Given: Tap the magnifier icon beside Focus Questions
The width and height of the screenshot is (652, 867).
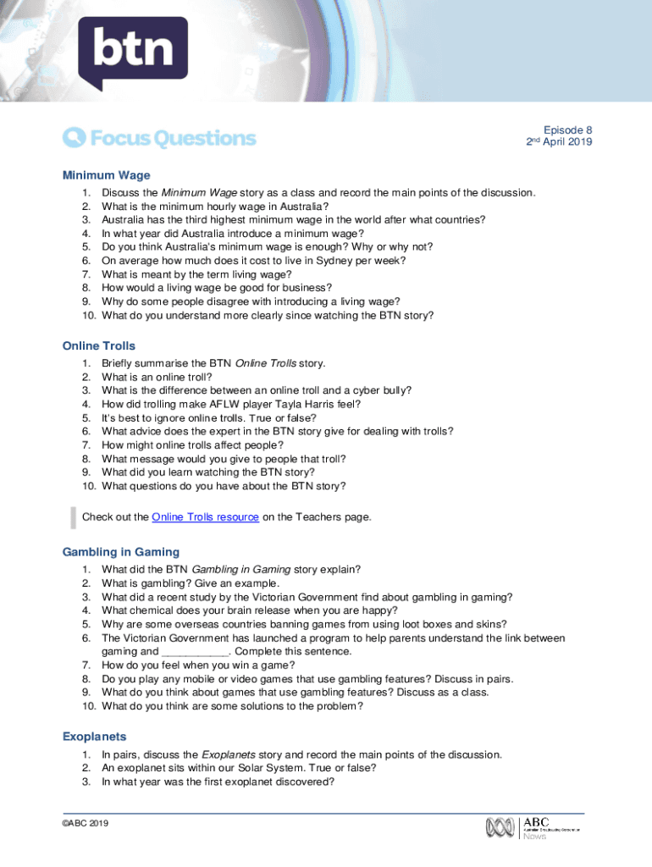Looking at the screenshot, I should [74, 137].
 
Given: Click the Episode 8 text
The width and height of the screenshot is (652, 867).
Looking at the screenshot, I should [567, 130].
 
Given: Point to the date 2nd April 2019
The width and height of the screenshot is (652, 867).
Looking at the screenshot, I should [559, 142].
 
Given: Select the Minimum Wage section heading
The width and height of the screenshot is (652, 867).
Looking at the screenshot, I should [106, 175].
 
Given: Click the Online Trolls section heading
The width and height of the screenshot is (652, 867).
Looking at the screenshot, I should [98, 346].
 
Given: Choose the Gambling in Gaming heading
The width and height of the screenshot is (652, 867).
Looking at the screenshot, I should [121, 552].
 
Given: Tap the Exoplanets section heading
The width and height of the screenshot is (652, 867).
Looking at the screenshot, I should [94, 737].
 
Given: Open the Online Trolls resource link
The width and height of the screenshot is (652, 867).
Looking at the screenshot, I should [205, 517].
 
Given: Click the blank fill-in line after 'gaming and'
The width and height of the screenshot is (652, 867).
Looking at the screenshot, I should [195, 652].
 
